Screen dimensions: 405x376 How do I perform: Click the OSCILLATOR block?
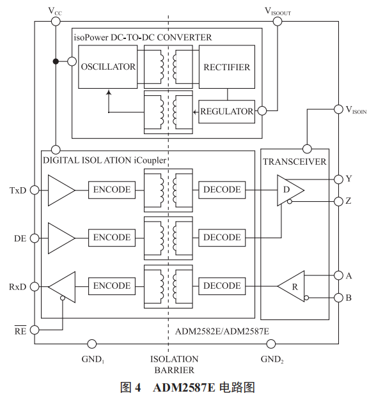point(108,67)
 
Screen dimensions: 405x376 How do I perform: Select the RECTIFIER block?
point(226,67)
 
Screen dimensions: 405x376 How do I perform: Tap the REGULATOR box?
point(227,111)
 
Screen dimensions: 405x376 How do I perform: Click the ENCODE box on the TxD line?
point(112,190)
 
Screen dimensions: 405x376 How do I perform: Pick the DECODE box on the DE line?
point(222,237)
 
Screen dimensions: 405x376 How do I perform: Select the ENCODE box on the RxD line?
point(112,286)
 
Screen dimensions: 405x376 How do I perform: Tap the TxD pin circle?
point(34,190)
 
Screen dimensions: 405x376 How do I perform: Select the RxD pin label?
point(17,286)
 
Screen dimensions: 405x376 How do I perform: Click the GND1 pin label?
point(93,360)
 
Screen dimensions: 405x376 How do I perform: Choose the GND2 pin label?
point(272,360)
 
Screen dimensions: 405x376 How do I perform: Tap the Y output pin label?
point(349,179)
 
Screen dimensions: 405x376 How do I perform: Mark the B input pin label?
point(349,297)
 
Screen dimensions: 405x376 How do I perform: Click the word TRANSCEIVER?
point(295,162)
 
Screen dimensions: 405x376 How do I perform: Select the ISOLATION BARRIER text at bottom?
point(169,365)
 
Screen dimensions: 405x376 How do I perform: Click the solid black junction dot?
point(56,62)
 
